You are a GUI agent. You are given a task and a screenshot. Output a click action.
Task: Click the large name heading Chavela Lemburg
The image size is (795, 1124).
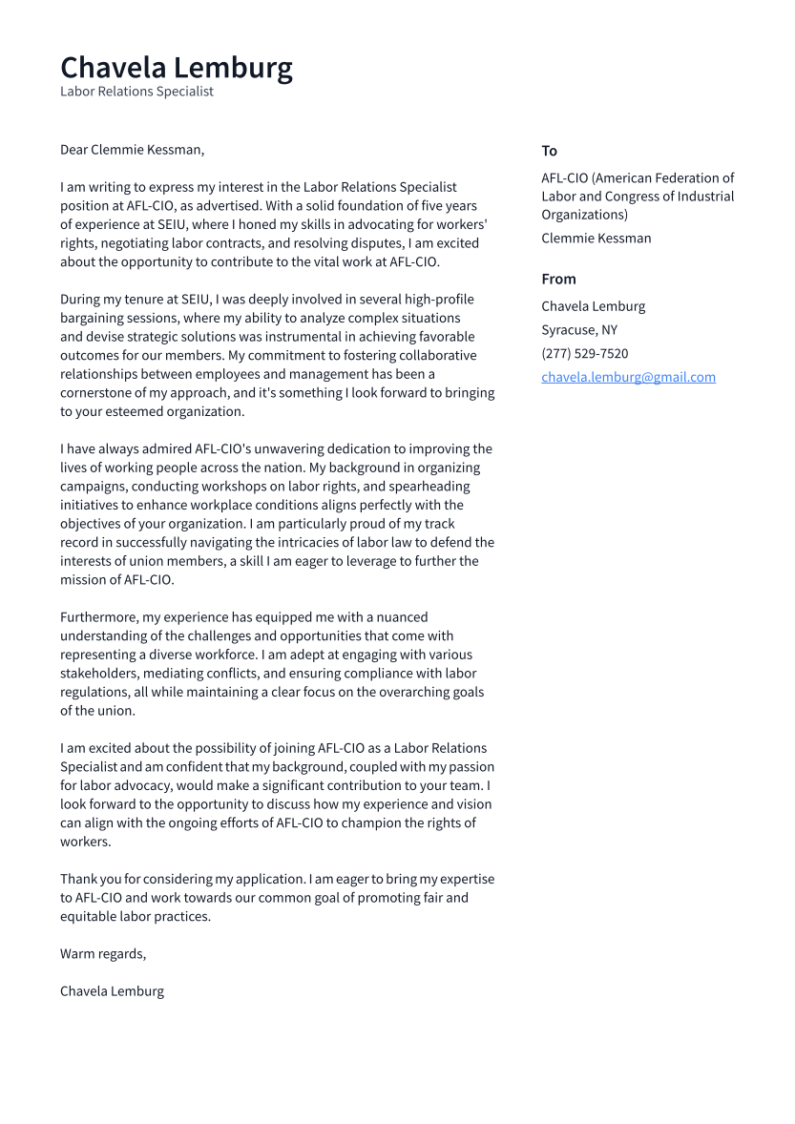pyautogui.click(x=177, y=68)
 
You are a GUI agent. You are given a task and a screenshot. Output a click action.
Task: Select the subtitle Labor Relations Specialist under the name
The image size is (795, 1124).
pyautogui.click(x=136, y=92)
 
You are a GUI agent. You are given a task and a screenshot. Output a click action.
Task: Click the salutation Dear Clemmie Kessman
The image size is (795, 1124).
pyautogui.click(x=132, y=150)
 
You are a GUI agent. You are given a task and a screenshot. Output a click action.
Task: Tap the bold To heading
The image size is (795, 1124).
pyautogui.click(x=549, y=151)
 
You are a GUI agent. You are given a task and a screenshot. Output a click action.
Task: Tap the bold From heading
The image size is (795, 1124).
pyautogui.click(x=558, y=279)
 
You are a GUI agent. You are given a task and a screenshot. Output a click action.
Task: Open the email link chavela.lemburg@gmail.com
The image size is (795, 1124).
pyautogui.click(x=628, y=377)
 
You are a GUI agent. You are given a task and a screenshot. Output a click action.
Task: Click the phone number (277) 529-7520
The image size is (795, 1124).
pyautogui.click(x=584, y=353)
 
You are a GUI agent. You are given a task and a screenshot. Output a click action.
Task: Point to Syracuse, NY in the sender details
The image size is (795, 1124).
pyautogui.click(x=578, y=330)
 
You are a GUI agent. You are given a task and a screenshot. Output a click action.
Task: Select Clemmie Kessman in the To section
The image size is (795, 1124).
pyautogui.click(x=596, y=239)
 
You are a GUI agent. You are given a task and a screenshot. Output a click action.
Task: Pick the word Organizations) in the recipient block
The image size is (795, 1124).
pyautogui.click(x=584, y=215)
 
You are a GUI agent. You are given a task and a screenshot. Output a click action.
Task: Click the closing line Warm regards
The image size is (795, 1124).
pyautogui.click(x=102, y=953)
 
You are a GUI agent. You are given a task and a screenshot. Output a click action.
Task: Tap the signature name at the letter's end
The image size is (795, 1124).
pyautogui.click(x=112, y=990)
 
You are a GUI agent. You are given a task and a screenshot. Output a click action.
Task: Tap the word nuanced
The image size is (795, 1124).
pyautogui.click(x=400, y=617)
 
